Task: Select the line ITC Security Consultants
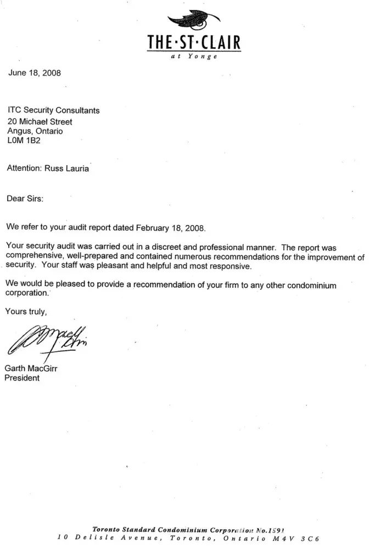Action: [53, 110]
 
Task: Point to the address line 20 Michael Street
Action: [40, 121]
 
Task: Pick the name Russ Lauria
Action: [67, 169]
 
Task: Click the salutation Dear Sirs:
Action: [25, 198]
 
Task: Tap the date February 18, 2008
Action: [172, 227]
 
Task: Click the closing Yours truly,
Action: [26, 312]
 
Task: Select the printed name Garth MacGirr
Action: [31, 369]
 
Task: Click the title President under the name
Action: [22, 378]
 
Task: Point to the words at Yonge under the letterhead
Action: [195, 58]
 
